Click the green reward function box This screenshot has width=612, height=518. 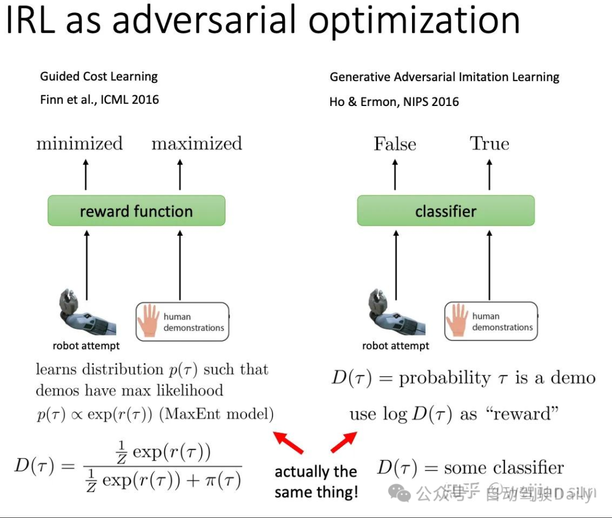click(137, 211)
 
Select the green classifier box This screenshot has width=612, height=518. click(445, 211)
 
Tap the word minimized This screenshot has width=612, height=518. click(79, 143)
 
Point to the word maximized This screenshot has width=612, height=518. click(197, 143)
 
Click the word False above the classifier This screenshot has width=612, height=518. click(395, 144)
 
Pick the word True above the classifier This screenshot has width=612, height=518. click(490, 143)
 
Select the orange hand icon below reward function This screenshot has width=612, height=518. click(149, 321)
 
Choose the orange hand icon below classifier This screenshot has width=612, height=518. click(457, 320)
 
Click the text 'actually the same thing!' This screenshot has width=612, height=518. click(316, 482)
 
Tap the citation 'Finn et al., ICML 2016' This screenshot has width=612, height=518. click(99, 100)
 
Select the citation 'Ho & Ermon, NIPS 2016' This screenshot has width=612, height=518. click(394, 102)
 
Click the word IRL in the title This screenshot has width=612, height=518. click(31, 20)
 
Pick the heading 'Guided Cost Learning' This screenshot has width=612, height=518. click(99, 77)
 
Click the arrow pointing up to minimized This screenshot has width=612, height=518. click(86, 174)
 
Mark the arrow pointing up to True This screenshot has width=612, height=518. click(490, 174)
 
